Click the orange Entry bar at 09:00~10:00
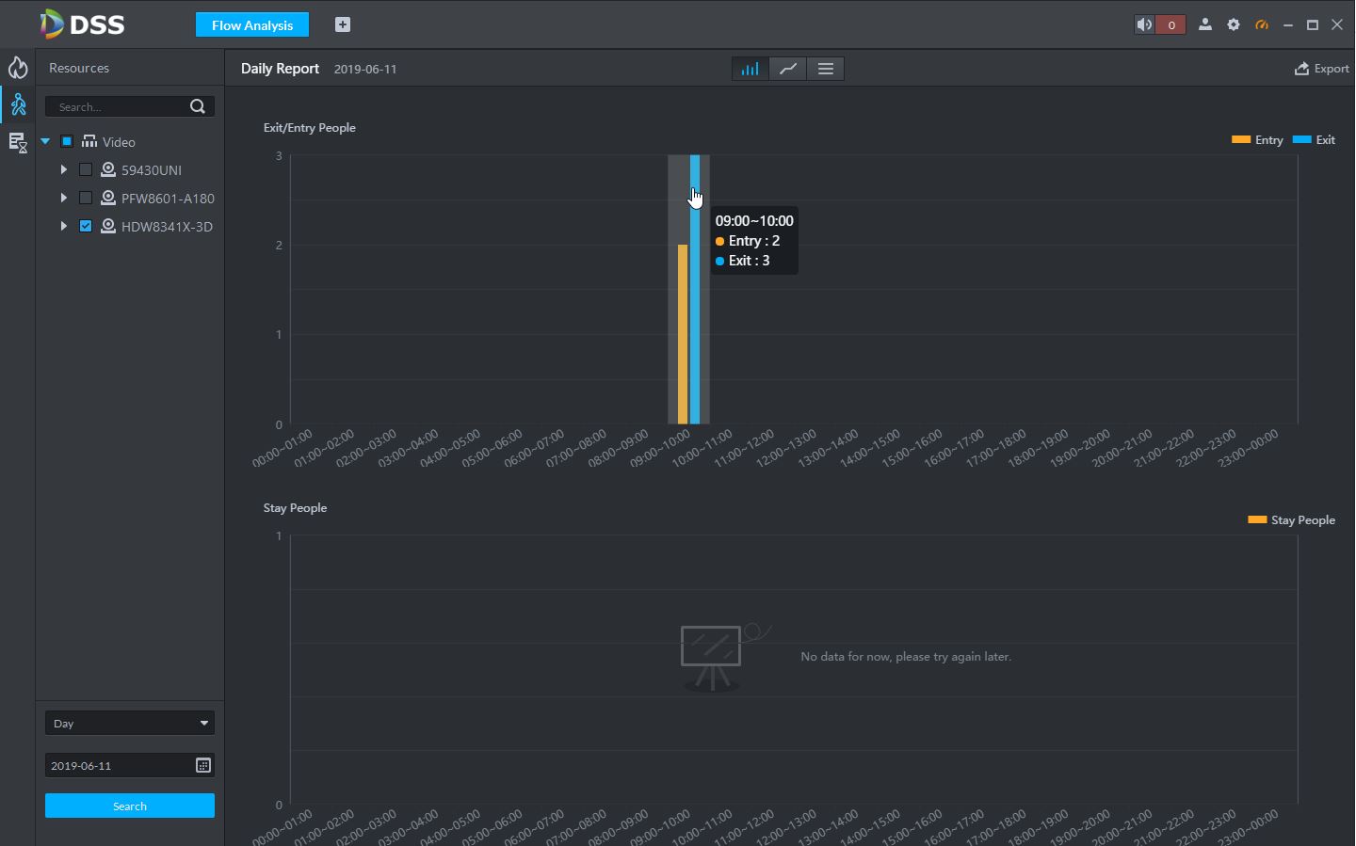click(x=683, y=334)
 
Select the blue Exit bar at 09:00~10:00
click(x=695, y=311)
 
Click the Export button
click(x=1322, y=69)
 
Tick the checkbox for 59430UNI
click(x=86, y=170)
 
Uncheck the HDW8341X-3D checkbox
click(x=86, y=227)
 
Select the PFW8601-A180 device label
click(x=168, y=199)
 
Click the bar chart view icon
click(x=751, y=69)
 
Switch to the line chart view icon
click(x=788, y=69)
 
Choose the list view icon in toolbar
click(x=826, y=69)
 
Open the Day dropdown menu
click(x=130, y=723)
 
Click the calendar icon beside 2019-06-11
click(x=203, y=765)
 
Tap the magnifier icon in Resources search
click(x=198, y=106)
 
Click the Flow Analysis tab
click(x=252, y=25)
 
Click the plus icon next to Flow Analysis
click(x=343, y=25)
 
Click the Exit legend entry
click(x=1315, y=140)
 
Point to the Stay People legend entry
click(x=1292, y=520)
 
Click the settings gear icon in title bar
click(x=1234, y=25)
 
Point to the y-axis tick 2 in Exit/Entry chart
click(x=279, y=246)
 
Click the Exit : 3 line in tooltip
click(x=749, y=261)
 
